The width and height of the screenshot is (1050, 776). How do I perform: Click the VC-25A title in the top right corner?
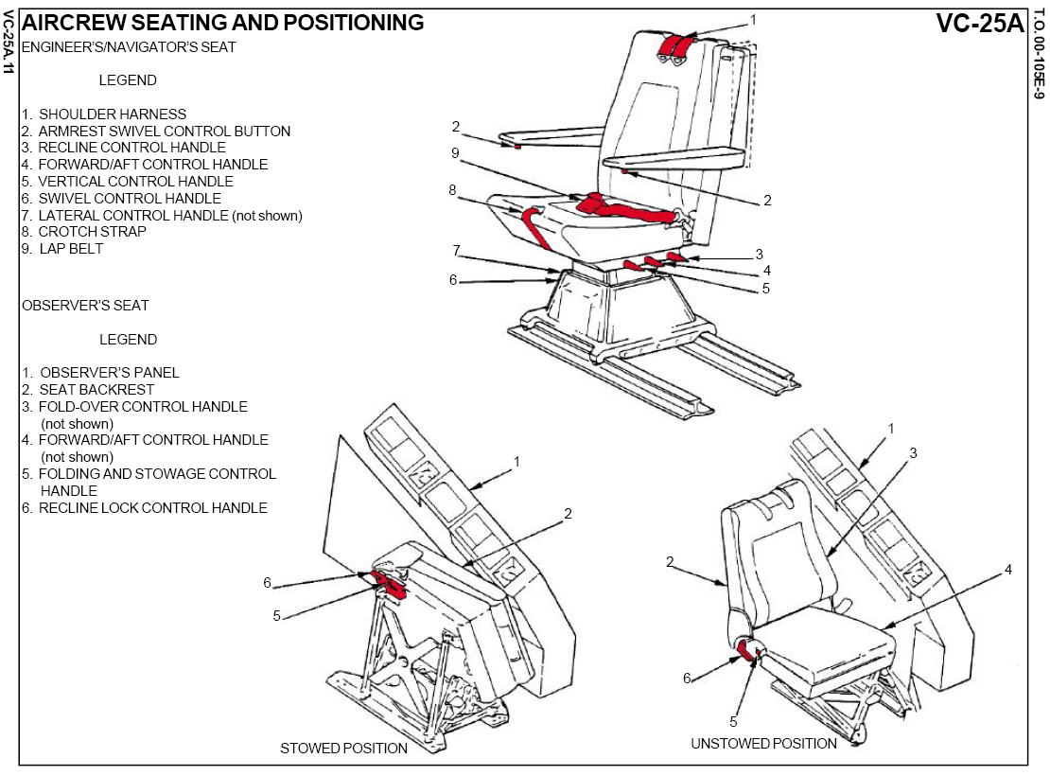coord(980,23)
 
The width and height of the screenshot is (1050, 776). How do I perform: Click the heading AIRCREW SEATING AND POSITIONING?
coord(222,23)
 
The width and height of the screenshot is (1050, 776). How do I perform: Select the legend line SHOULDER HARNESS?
coord(113,115)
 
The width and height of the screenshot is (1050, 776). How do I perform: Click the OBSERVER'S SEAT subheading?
coord(85,306)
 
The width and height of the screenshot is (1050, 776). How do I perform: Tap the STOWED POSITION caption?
coord(343,749)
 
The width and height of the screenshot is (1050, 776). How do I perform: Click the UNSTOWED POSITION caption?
coord(763,744)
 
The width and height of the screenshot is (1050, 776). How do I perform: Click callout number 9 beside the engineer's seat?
coord(455,152)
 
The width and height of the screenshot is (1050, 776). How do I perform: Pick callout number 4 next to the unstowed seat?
coord(1008,570)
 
